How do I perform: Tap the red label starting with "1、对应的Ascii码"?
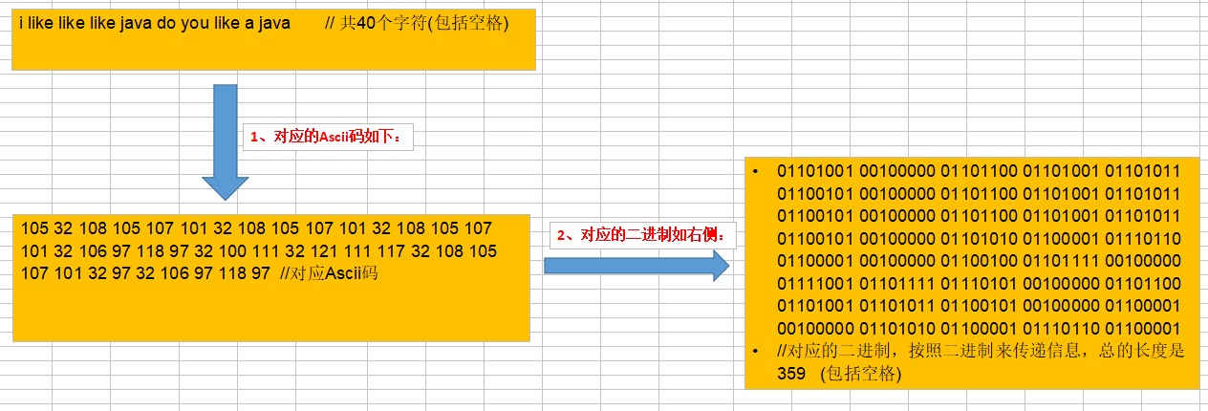(x=330, y=137)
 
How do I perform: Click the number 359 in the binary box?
(x=791, y=374)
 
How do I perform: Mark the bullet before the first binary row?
(x=755, y=172)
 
